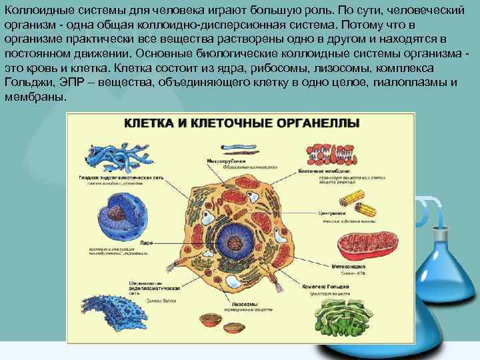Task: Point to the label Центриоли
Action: [331, 213]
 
